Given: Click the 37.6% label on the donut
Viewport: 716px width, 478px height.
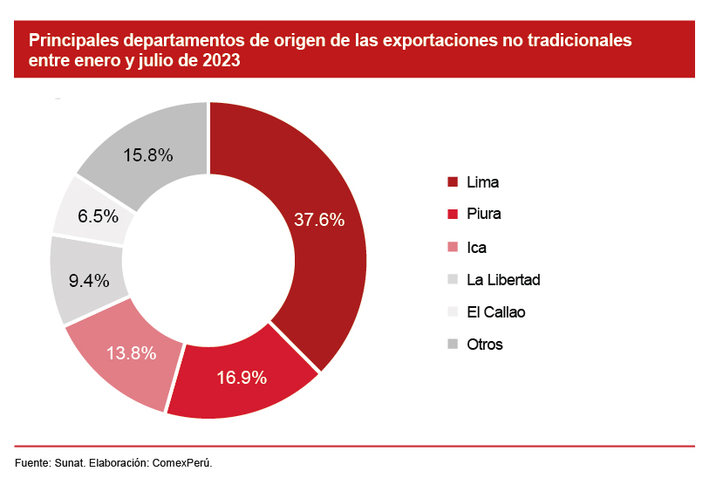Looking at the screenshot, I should coord(319,220).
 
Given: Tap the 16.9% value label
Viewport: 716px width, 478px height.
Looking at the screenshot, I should coord(241,379).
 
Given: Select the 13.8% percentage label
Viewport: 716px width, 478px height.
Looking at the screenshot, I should coord(132,353).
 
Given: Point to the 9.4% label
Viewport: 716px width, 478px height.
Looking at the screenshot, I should coord(88,281).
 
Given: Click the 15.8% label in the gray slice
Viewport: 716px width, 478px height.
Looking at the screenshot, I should coord(147,155).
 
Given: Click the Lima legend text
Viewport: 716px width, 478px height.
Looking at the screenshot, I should coord(483,182).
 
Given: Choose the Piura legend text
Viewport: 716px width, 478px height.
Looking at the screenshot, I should coord(484,215).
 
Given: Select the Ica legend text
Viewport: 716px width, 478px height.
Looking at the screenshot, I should coord(476,247).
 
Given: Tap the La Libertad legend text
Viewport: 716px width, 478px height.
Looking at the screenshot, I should coord(503,280).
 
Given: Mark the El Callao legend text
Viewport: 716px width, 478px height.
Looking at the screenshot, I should coord(496,312).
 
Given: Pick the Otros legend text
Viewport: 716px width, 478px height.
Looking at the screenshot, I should coord(485,345).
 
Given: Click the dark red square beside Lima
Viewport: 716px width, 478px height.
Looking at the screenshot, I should coord(453,182).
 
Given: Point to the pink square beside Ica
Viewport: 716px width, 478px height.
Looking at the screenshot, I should coord(453,248).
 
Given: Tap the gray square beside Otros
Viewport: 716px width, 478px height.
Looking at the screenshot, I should coord(453,345).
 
